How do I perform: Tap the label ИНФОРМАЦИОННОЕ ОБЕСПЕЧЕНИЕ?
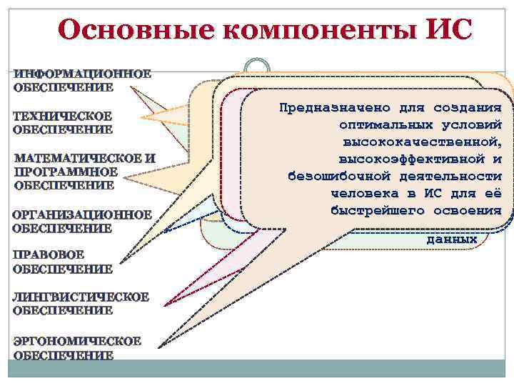(82, 81)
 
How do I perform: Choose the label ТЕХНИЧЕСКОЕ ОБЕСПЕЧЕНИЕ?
(63, 122)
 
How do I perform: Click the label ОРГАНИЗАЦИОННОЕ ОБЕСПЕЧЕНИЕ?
(81, 221)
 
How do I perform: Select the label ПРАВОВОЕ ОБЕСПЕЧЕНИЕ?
(62, 262)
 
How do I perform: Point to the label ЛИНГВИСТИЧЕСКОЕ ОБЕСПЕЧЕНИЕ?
(81, 303)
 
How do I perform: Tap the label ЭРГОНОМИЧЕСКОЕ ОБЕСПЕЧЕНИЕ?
(76, 348)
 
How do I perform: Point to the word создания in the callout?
(467, 108)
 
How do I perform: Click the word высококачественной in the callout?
(421, 142)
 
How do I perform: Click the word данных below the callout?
(451, 240)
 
